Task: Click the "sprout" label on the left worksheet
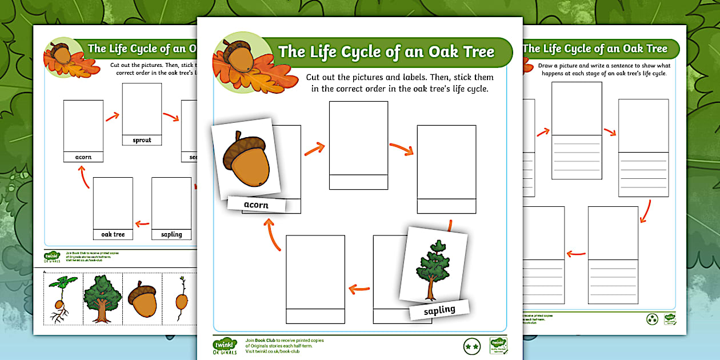(x=142, y=140)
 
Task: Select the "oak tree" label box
(x=113, y=234)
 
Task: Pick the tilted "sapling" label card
(x=439, y=310)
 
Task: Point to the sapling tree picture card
(x=434, y=263)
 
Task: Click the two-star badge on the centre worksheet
(x=471, y=346)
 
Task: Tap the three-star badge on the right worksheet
(x=652, y=319)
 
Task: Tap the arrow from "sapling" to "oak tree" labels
(x=142, y=224)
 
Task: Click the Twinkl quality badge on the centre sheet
(x=498, y=346)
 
